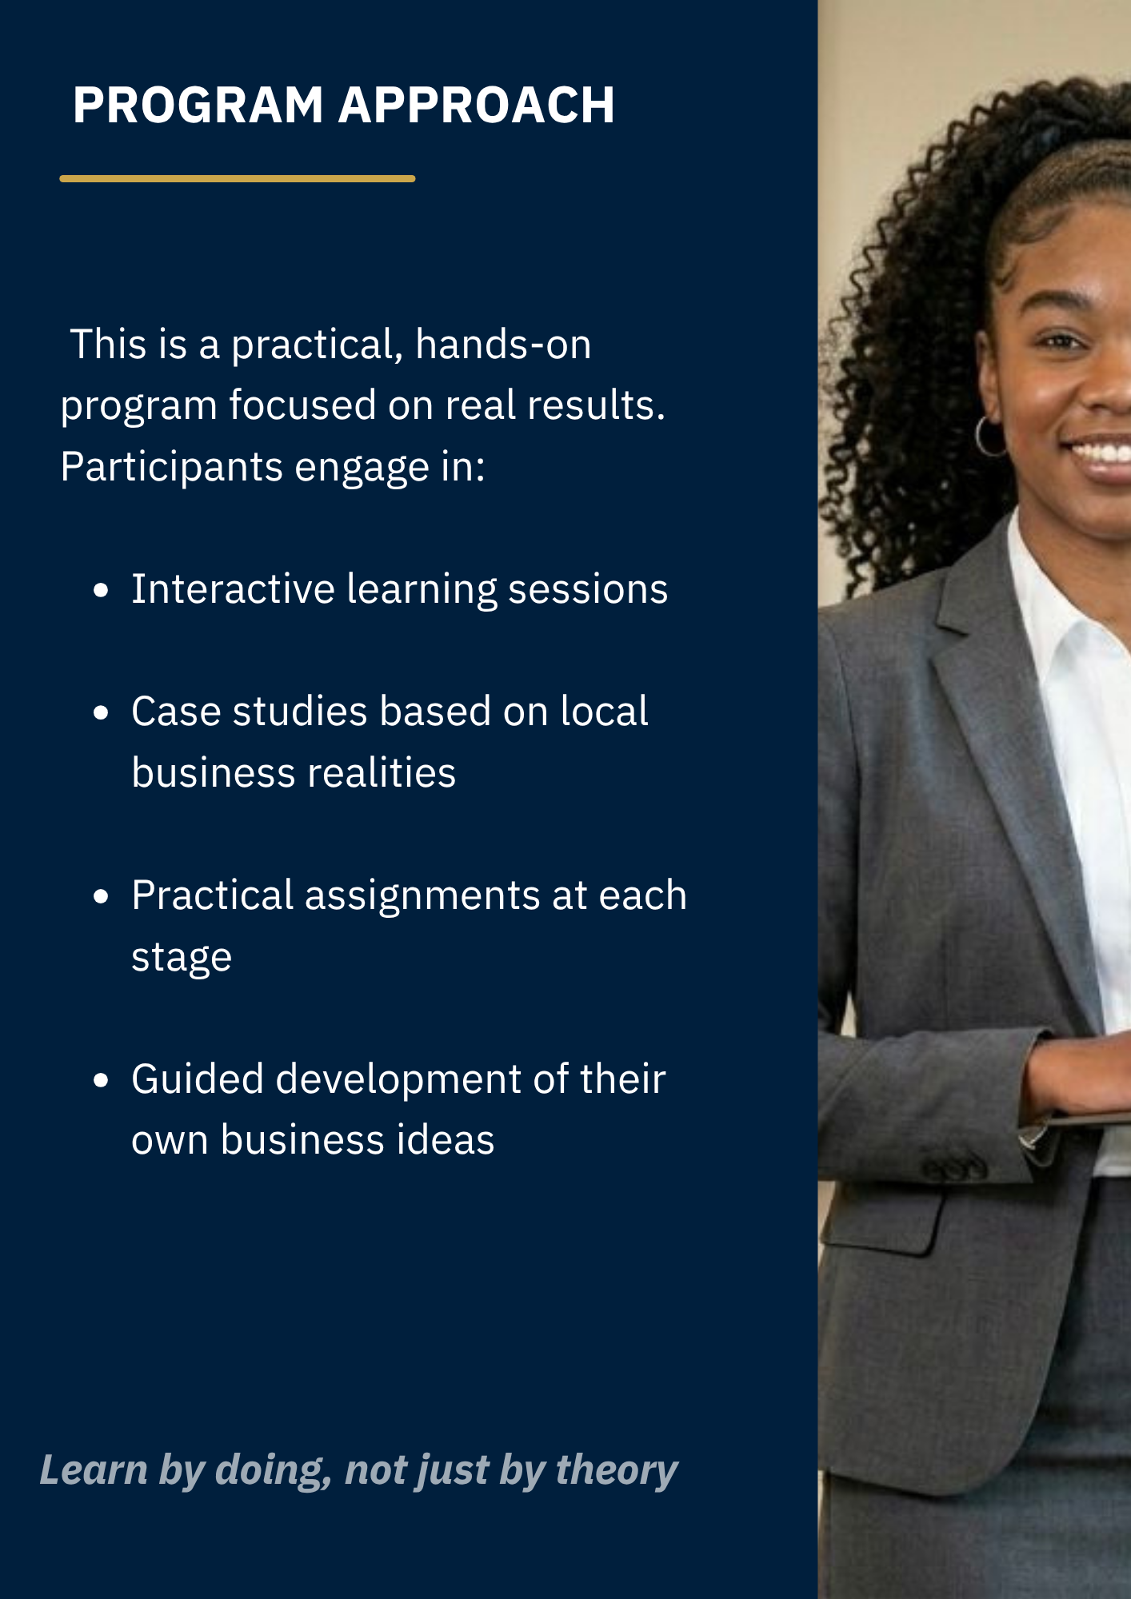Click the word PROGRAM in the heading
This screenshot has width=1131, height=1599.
click(x=198, y=105)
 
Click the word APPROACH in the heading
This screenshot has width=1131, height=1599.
click(x=477, y=105)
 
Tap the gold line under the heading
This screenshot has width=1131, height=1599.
click(x=238, y=178)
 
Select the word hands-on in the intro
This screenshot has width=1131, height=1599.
click(x=503, y=345)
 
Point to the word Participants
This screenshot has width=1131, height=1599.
click(x=172, y=467)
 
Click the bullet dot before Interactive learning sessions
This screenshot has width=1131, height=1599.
click(x=101, y=591)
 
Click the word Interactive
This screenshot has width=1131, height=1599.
click(x=233, y=589)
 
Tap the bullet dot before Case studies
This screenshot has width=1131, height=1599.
click(x=101, y=713)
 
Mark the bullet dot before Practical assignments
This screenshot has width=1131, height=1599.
click(x=101, y=897)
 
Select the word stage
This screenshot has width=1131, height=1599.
click(x=182, y=958)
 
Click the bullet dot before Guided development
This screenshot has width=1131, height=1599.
click(x=101, y=1081)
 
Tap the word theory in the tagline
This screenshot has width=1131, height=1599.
click(x=617, y=1470)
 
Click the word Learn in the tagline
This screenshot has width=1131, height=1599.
click(x=94, y=1470)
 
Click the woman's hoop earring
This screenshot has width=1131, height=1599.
click(x=990, y=436)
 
